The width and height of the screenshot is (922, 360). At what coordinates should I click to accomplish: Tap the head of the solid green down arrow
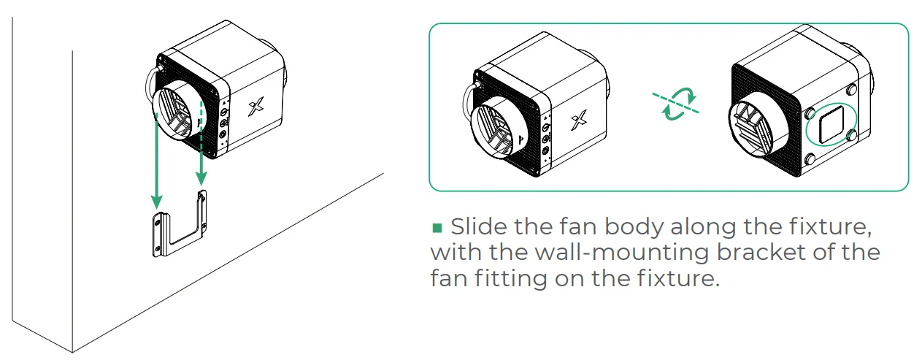pyautogui.click(x=156, y=201)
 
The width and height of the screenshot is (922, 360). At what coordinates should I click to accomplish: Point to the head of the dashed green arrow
pyautogui.click(x=201, y=178)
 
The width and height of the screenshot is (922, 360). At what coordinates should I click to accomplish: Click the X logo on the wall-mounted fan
pyautogui.click(x=256, y=107)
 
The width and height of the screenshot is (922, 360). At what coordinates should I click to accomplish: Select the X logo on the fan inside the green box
pyautogui.click(x=578, y=120)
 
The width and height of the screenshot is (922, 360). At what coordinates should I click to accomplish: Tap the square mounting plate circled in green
pyautogui.click(x=831, y=123)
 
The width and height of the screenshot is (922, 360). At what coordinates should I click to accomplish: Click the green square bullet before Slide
pyautogui.click(x=437, y=228)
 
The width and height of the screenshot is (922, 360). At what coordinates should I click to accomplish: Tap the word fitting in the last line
pyautogui.click(x=510, y=278)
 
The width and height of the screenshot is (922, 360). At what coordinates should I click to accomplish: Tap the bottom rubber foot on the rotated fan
pyautogui.click(x=810, y=159)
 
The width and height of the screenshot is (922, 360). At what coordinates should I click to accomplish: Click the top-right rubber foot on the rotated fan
pyautogui.click(x=852, y=89)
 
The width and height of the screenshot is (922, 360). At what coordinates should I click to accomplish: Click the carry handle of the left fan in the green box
pyautogui.click(x=469, y=99)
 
